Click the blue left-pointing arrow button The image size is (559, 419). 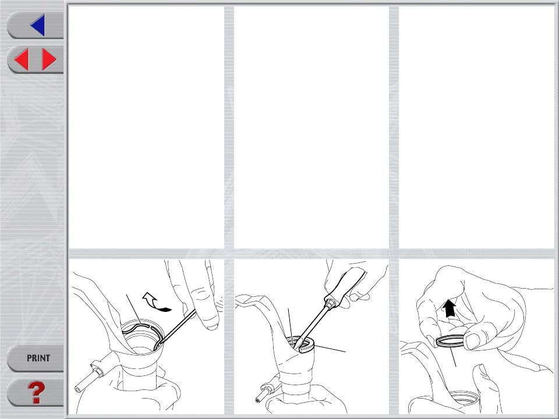38,25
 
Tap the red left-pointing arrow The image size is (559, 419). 22,59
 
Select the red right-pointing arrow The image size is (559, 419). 49,59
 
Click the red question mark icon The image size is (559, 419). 36,392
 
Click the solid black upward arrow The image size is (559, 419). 450,308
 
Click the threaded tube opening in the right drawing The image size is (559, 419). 464,397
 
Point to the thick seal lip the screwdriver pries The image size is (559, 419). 307,346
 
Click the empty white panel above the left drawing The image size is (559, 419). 146,127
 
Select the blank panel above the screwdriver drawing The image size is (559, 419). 311,127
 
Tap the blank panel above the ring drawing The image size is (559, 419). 476,127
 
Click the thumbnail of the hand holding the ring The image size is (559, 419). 476,336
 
